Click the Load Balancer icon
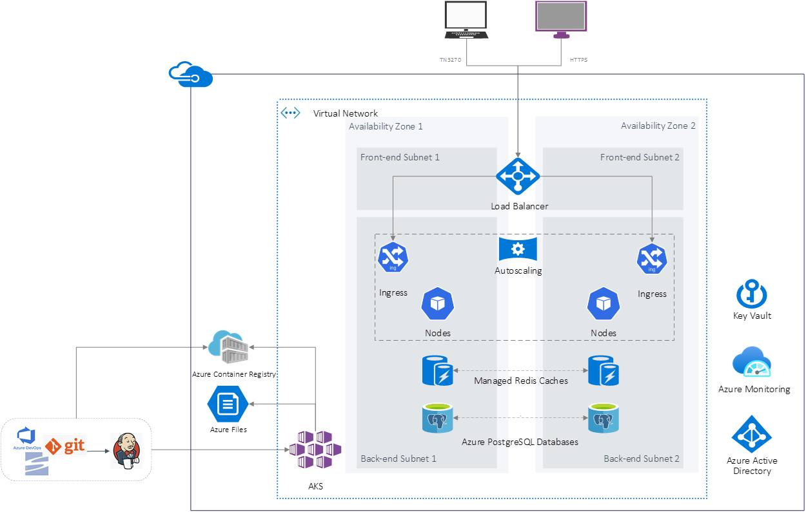[518, 176]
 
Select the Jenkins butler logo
[126, 450]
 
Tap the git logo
[66, 445]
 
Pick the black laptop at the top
[466, 20]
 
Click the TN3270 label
[450, 60]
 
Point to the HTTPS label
[578, 60]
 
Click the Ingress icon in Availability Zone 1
[393, 258]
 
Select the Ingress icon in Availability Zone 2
[652, 258]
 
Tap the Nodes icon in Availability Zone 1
[438, 304]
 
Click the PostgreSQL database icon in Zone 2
[604, 418]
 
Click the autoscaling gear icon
[518, 249]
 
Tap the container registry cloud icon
[226, 346]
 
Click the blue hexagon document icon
[228, 404]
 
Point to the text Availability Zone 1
[386, 126]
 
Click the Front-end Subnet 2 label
[640, 157]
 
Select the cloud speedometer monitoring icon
[752, 362]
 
